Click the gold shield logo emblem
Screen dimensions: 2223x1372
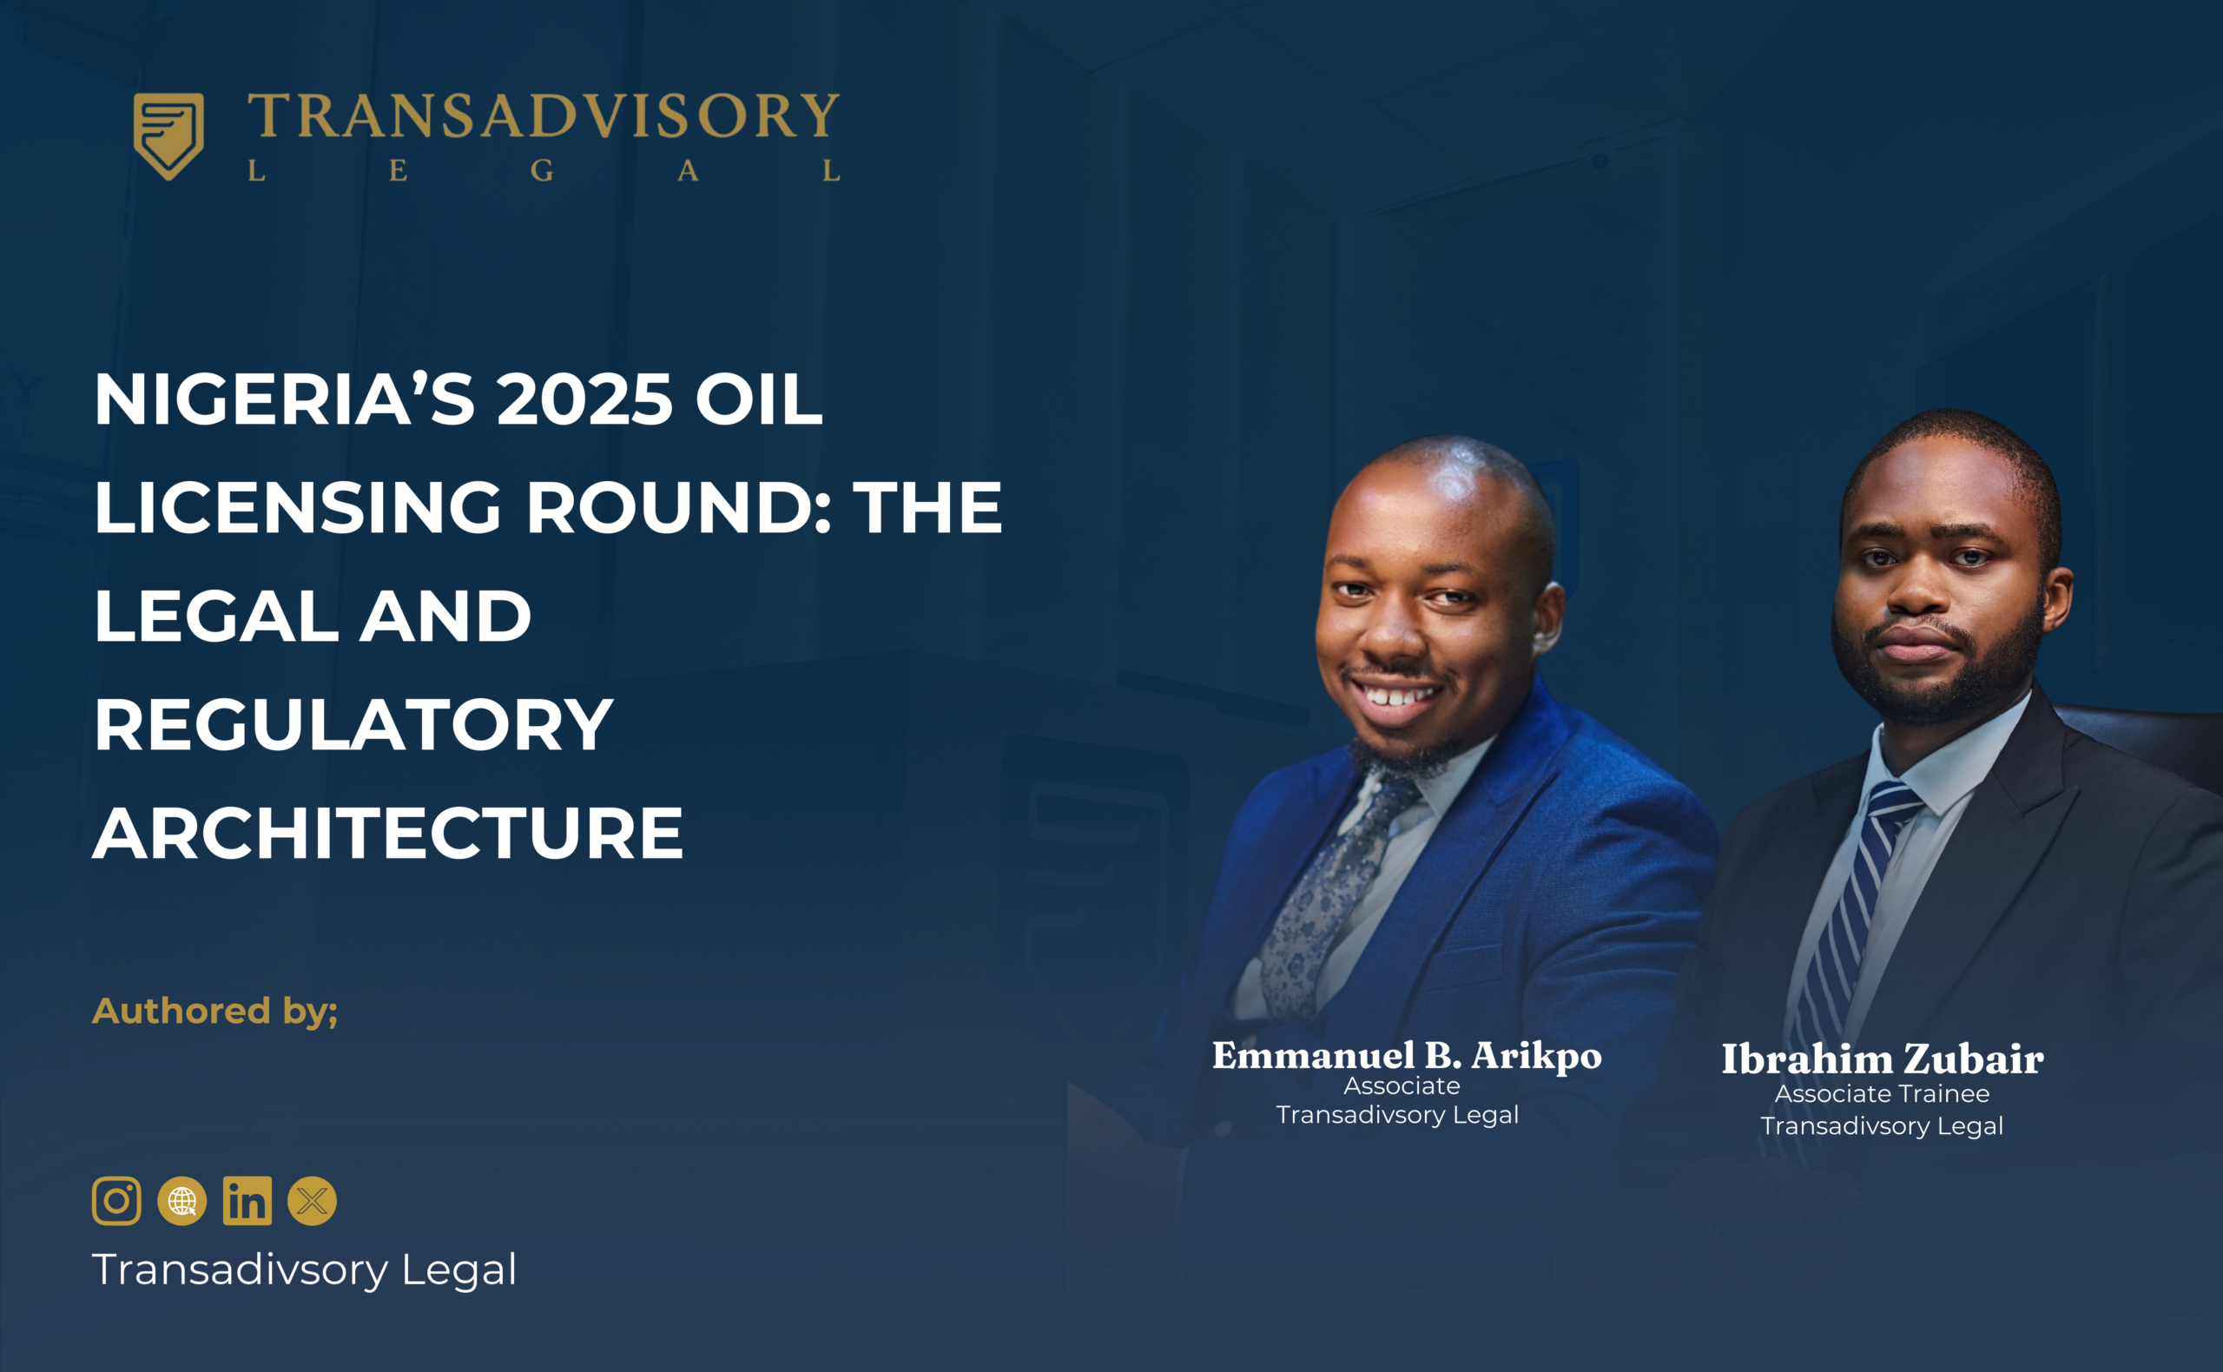168,136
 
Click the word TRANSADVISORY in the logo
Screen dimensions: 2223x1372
544,116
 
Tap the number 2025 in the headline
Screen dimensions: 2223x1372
584,399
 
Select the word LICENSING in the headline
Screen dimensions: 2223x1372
298,507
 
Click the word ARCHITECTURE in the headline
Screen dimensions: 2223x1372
388,833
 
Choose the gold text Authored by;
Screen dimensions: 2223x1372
215,1011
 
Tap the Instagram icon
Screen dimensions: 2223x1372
116,1202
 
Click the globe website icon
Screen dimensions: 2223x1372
182,1202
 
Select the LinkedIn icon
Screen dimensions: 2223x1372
247,1202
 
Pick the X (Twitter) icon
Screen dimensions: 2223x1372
312,1202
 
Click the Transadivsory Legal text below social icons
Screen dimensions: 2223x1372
305,1270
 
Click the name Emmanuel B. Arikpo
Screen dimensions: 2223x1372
1407,1056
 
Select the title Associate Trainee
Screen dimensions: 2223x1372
1882,1094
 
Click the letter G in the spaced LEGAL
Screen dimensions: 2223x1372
542,170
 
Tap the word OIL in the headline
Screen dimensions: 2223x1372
759,399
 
